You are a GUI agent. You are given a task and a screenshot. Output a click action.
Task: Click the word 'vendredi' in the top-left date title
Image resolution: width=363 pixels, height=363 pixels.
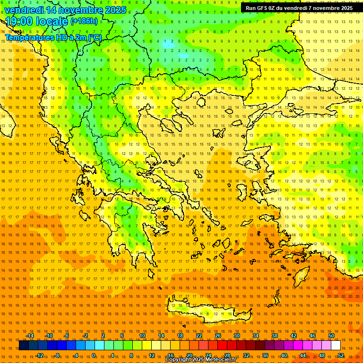click(24, 10)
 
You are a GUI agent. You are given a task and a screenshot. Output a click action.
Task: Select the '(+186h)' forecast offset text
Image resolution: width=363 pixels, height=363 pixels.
click(84, 21)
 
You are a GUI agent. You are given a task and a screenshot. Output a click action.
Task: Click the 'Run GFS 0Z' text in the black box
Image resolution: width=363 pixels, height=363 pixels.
click(261, 8)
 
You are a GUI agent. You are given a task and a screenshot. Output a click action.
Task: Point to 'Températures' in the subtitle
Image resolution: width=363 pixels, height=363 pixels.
click(28, 37)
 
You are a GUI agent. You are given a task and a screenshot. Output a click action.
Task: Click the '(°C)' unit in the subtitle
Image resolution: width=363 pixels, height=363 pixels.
click(95, 37)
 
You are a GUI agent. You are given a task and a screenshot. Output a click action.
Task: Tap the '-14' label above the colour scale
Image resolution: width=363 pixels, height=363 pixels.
click(29, 336)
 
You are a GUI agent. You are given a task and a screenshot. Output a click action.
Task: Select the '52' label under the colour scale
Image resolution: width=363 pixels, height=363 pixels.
click(341, 355)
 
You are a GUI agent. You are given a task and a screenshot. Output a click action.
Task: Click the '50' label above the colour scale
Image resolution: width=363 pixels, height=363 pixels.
click(331, 336)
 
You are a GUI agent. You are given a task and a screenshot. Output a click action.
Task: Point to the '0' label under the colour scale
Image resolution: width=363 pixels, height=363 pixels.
click(94, 355)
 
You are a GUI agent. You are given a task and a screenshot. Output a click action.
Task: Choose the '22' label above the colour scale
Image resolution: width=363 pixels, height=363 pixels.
click(199, 336)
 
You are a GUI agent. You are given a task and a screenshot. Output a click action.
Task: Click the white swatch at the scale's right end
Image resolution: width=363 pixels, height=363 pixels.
click(336, 346)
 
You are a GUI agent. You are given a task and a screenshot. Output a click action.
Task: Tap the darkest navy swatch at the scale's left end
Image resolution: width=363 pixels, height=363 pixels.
click(24, 346)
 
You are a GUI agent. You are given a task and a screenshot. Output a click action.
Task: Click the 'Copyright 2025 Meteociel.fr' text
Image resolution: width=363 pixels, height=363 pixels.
click(200, 360)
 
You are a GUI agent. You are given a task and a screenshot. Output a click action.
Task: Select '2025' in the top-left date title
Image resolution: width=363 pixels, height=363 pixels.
click(115, 10)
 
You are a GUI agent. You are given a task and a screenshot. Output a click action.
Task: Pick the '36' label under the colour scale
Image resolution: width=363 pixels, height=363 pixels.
click(265, 355)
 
